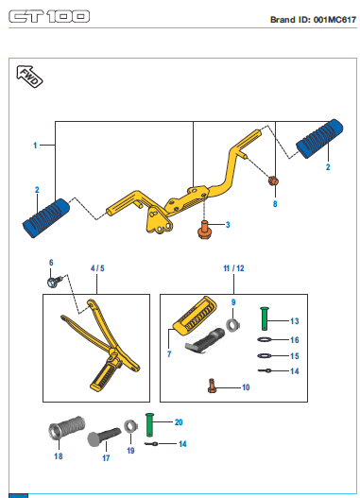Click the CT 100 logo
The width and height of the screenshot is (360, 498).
pyautogui.click(x=49, y=16)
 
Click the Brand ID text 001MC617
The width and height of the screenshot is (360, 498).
pyautogui.click(x=334, y=20)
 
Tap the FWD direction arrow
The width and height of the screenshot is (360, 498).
pyautogui.click(x=29, y=77)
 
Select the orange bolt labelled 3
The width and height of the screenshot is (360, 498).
pyautogui.click(x=204, y=230)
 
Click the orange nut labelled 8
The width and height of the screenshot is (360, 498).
pyautogui.click(x=273, y=181)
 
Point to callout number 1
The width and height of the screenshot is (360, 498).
pyautogui.click(x=35, y=146)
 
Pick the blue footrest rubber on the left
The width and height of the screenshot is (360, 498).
pyautogui.click(x=46, y=218)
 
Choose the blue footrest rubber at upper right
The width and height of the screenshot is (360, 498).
pyautogui.click(x=319, y=139)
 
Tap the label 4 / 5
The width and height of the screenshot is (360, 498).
pyautogui.click(x=97, y=268)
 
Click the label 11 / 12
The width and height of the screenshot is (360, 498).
pyautogui.click(x=233, y=268)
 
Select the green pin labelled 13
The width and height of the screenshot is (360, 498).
pyautogui.click(x=265, y=318)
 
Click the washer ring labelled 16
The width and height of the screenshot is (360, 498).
pyautogui.click(x=265, y=340)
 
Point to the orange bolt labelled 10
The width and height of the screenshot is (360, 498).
pyautogui.click(x=212, y=386)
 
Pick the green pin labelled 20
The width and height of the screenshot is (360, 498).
pyautogui.click(x=149, y=424)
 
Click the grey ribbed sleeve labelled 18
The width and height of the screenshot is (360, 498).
pyautogui.click(x=67, y=427)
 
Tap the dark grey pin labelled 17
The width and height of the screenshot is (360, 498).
pyautogui.click(x=104, y=437)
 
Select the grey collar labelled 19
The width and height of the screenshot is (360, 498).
pyautogui.click(x=130, y=426)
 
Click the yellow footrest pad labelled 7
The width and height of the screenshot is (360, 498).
pyautogui.click(x=196, y=314)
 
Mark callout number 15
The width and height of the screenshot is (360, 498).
pyautogui.click(x=295, y=356)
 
